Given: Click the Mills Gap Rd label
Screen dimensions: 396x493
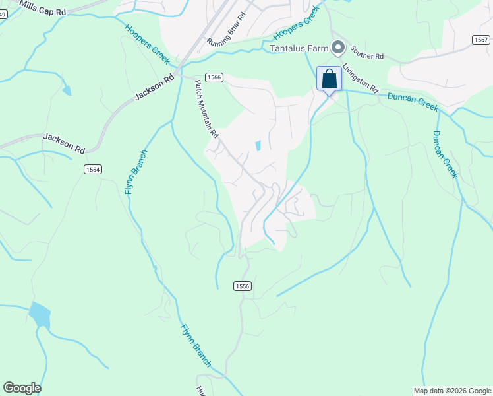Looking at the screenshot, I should click(43, 9).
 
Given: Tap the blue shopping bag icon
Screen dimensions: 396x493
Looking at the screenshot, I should click(330, 79).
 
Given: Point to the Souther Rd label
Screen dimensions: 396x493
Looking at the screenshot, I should click(367, 52).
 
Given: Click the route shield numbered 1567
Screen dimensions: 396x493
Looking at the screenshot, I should click(481, 40).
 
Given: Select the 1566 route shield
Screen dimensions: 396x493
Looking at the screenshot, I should click(214, 78).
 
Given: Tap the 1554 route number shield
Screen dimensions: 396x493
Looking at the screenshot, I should click(93, 170).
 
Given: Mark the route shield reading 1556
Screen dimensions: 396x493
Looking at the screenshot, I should click(243, 286).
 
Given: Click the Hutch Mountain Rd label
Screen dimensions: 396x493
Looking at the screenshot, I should click(206, 109).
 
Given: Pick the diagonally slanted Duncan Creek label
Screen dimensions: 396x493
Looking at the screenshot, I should click(444, 154).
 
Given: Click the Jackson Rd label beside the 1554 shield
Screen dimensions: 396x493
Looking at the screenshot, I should click(64, 143).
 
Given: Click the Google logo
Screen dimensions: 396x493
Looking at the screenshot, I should click(22, 388).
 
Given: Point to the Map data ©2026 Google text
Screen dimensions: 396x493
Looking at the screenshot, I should click(452, 391).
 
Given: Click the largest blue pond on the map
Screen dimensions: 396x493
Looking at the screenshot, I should click(40, 315).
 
